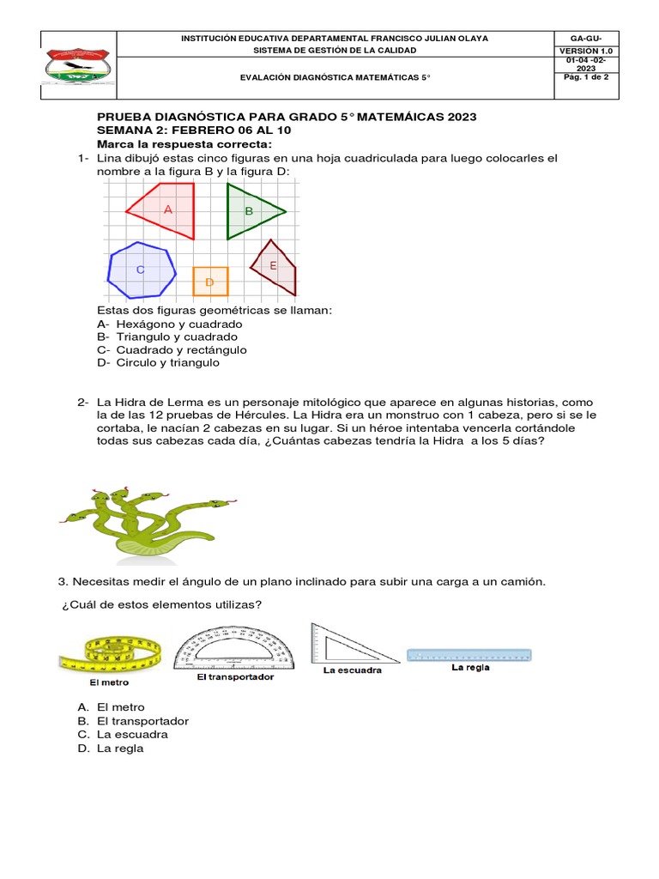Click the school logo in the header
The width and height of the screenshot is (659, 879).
(x=78, y=67)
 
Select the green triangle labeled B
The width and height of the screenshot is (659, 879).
(x=249, y=211)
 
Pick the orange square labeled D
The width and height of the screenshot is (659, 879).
(x=209, y=282)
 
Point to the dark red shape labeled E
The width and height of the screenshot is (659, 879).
(x=275, y=267)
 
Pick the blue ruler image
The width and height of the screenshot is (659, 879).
(x=469, y=654)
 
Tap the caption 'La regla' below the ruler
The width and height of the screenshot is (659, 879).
(x=470, y=668)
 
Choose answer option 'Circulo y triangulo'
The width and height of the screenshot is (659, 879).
(x=159, y=362)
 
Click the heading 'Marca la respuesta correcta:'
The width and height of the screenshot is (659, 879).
(x=184, y=143)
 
